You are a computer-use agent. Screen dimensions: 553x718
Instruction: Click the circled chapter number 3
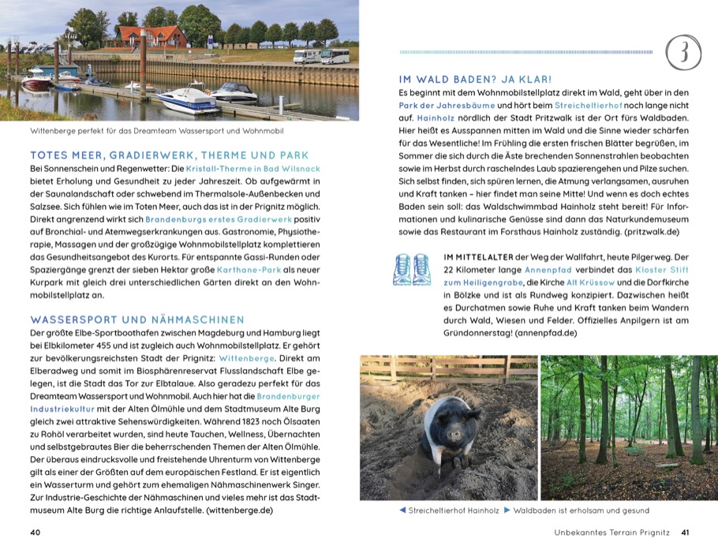point(682,52)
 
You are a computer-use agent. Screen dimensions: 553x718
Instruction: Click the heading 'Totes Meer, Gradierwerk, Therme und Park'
point(169,155)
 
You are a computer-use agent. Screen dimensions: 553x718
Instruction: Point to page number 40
point(35,532)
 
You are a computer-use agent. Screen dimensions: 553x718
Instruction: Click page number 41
point(685,532)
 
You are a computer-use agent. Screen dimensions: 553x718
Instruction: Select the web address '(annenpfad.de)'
point(545,334)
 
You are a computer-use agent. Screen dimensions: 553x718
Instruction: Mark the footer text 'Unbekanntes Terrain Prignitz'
point(611,532)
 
